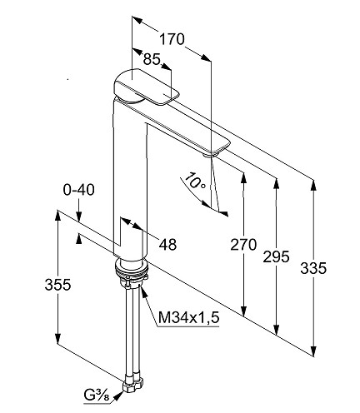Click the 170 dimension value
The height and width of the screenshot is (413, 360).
[172, 39]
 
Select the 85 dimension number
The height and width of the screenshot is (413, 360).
[152, 59]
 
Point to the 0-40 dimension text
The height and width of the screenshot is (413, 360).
[79, 190]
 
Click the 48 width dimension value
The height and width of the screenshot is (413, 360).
[167, 245]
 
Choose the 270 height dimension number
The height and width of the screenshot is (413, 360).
[243, 245]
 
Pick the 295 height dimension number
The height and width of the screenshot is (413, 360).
[276, 256]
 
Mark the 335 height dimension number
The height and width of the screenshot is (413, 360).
[313, 268]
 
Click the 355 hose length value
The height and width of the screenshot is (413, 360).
[57, 285]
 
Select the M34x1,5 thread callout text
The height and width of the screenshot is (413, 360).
[189, 317]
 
